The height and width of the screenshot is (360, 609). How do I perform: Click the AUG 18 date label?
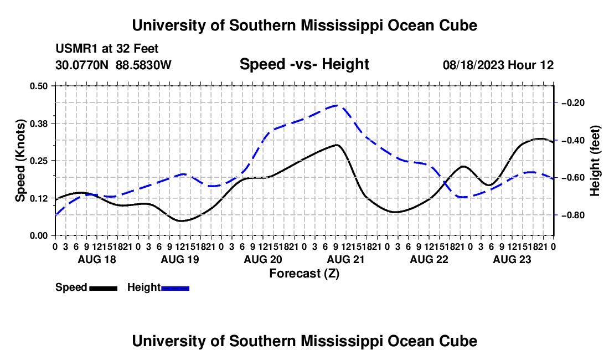(x=97, y=259)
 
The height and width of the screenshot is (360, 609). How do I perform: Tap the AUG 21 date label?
(x=346, y=259)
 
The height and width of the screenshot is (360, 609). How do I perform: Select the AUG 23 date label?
(x=512, y=259)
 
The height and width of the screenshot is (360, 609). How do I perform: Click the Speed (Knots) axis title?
(x=20, y=161)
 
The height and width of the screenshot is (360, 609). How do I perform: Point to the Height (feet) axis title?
(x=595, y=161)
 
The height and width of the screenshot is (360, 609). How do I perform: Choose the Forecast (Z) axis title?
(x=304, y=274)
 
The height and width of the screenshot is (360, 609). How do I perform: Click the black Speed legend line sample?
(x=104, y=288)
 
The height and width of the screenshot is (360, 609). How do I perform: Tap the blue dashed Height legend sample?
(x=175, y=288)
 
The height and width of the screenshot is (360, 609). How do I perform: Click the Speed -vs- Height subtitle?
(x=304, y=64)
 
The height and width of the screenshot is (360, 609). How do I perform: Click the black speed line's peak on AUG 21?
(x=337, y=145)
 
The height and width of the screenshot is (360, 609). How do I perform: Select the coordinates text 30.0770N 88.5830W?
(x=113, y=65)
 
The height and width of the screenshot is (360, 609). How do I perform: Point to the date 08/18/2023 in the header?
(x=473, y=65)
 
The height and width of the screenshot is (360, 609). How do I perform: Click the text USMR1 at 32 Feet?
(x=107, y=49)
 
